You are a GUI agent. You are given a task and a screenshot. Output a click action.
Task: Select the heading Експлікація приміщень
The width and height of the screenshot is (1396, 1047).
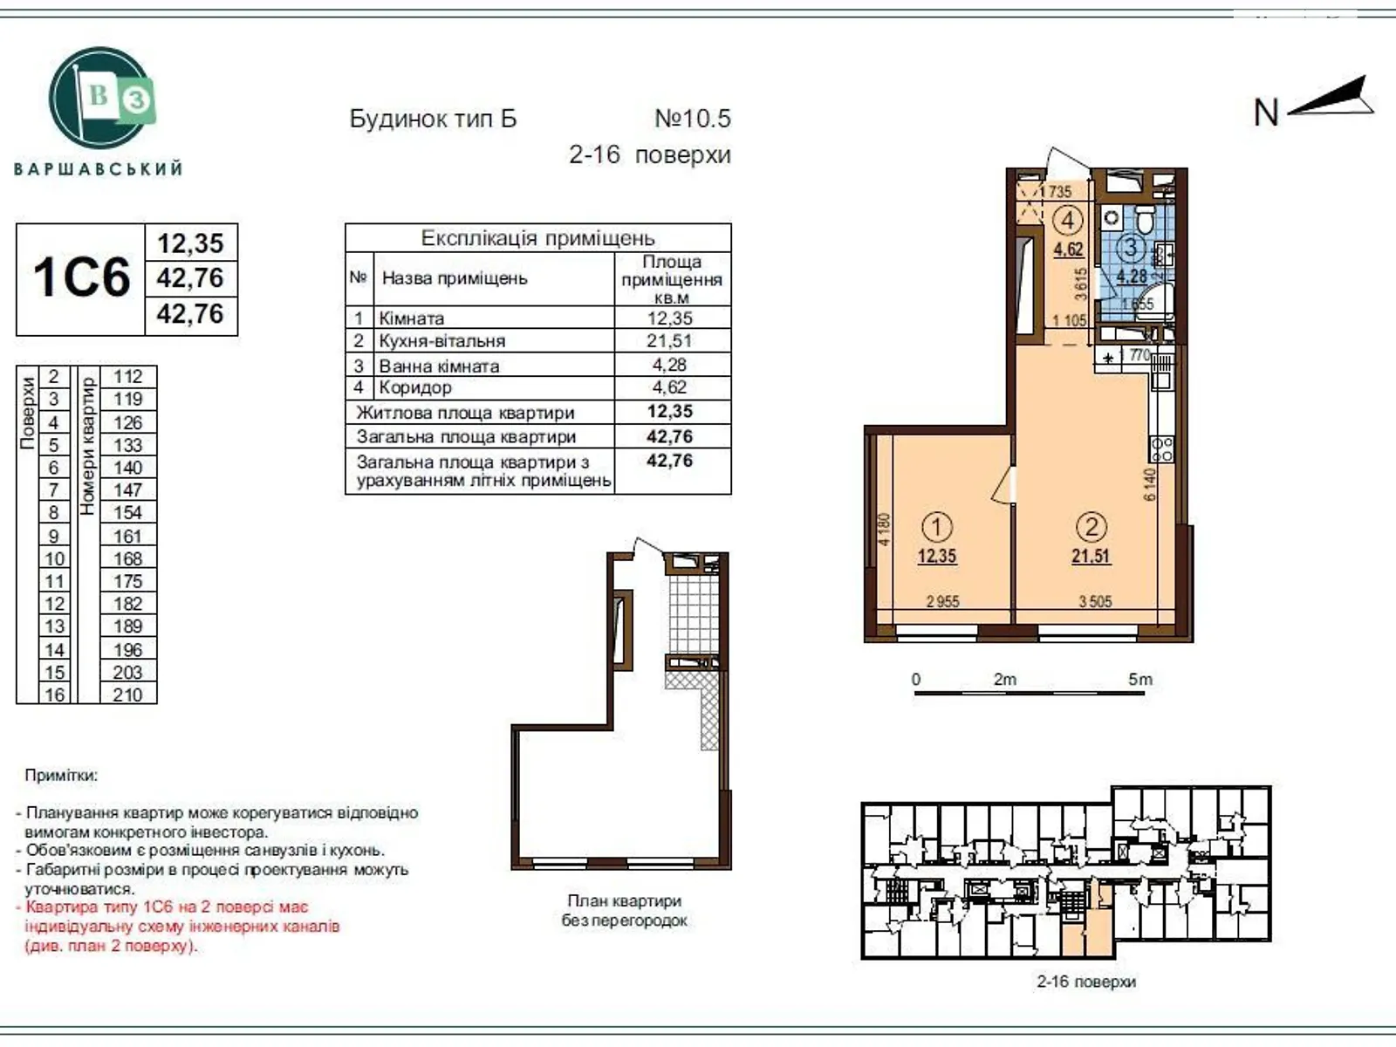[x=537, y=238]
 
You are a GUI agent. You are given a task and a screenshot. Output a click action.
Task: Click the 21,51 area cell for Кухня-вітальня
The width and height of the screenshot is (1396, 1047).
[x=670, y=341]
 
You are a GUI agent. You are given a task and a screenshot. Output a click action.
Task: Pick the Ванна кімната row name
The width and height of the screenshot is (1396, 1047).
[x=439, y=366]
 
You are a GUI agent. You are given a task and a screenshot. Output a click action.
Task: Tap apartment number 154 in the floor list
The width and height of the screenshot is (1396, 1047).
[x=127, y=513]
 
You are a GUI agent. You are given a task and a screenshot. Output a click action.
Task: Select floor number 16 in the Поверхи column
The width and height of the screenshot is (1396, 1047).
[x=54, y=695]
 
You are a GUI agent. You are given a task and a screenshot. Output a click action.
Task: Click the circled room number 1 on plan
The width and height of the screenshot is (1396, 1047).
[x=937, y=527]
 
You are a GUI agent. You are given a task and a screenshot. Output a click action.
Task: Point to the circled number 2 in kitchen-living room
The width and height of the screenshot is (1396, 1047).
[x=1091, y=527]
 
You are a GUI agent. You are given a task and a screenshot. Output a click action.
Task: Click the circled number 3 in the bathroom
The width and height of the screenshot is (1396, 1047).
[x=1131, y=248]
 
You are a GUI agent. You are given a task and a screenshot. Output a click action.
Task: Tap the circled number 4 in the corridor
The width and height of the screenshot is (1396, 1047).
[x=1068, y=220]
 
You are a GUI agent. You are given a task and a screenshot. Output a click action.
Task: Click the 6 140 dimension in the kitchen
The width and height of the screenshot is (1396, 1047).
[x=1150, y=484]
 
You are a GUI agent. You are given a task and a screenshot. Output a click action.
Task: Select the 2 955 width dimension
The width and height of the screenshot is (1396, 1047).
[x=942, y=602]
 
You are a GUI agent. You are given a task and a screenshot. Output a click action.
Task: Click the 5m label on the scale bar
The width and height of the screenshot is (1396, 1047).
[x=1139, y=680]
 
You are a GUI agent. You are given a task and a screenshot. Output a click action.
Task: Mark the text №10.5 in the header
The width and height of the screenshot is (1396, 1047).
[x=693, y=119]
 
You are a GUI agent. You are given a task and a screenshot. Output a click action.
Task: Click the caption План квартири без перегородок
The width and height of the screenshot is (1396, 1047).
[x=624, y=910]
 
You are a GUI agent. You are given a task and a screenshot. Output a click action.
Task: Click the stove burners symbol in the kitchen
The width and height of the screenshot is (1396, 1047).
[x=1162, y=449]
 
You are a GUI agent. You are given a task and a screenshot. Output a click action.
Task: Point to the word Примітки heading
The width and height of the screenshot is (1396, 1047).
[x=61, y=776]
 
